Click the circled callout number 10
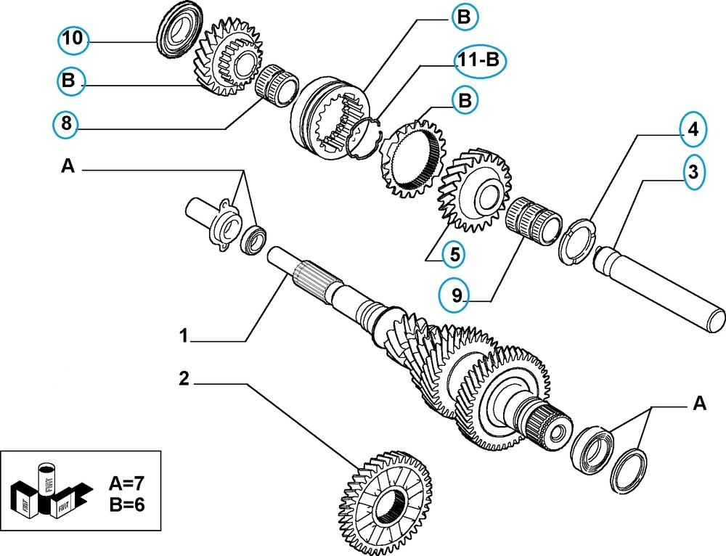point(73,38)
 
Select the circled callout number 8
point(66,125)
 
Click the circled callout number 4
point(693,130)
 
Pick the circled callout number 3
point(693,173)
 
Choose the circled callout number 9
point(456,295)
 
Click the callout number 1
point(184,336)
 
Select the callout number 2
point(184,377)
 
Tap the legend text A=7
point(127,482)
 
